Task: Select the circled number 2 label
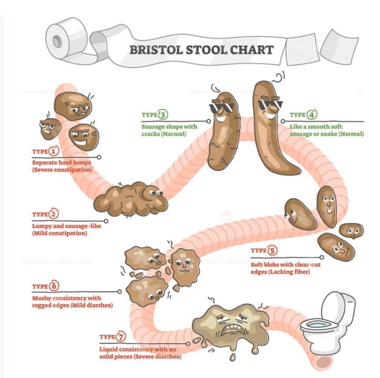(54, 214)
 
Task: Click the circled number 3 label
(163, 115)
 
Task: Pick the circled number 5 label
(272, 251)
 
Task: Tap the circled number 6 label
(54, 286)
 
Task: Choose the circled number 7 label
(120, 337)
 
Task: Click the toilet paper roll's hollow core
(57, 41)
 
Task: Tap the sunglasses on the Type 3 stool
(221, 108)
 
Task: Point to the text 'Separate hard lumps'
(57, 162)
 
